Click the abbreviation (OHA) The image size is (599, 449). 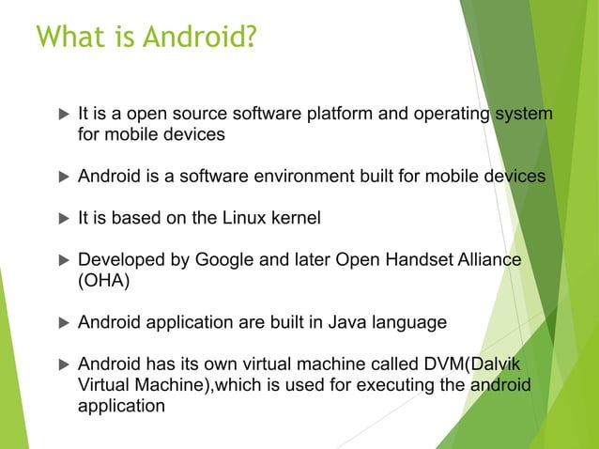pyautogui.click(x=100, y=280)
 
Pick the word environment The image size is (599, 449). pyautogui.click(x=306, y=177)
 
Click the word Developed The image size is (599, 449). pyautogui.click(x=115, y=259)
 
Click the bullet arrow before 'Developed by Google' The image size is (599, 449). pyautogui.click(x=63, y=259)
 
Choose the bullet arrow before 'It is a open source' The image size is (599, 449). pyautogui.click(x=63, y=115)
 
